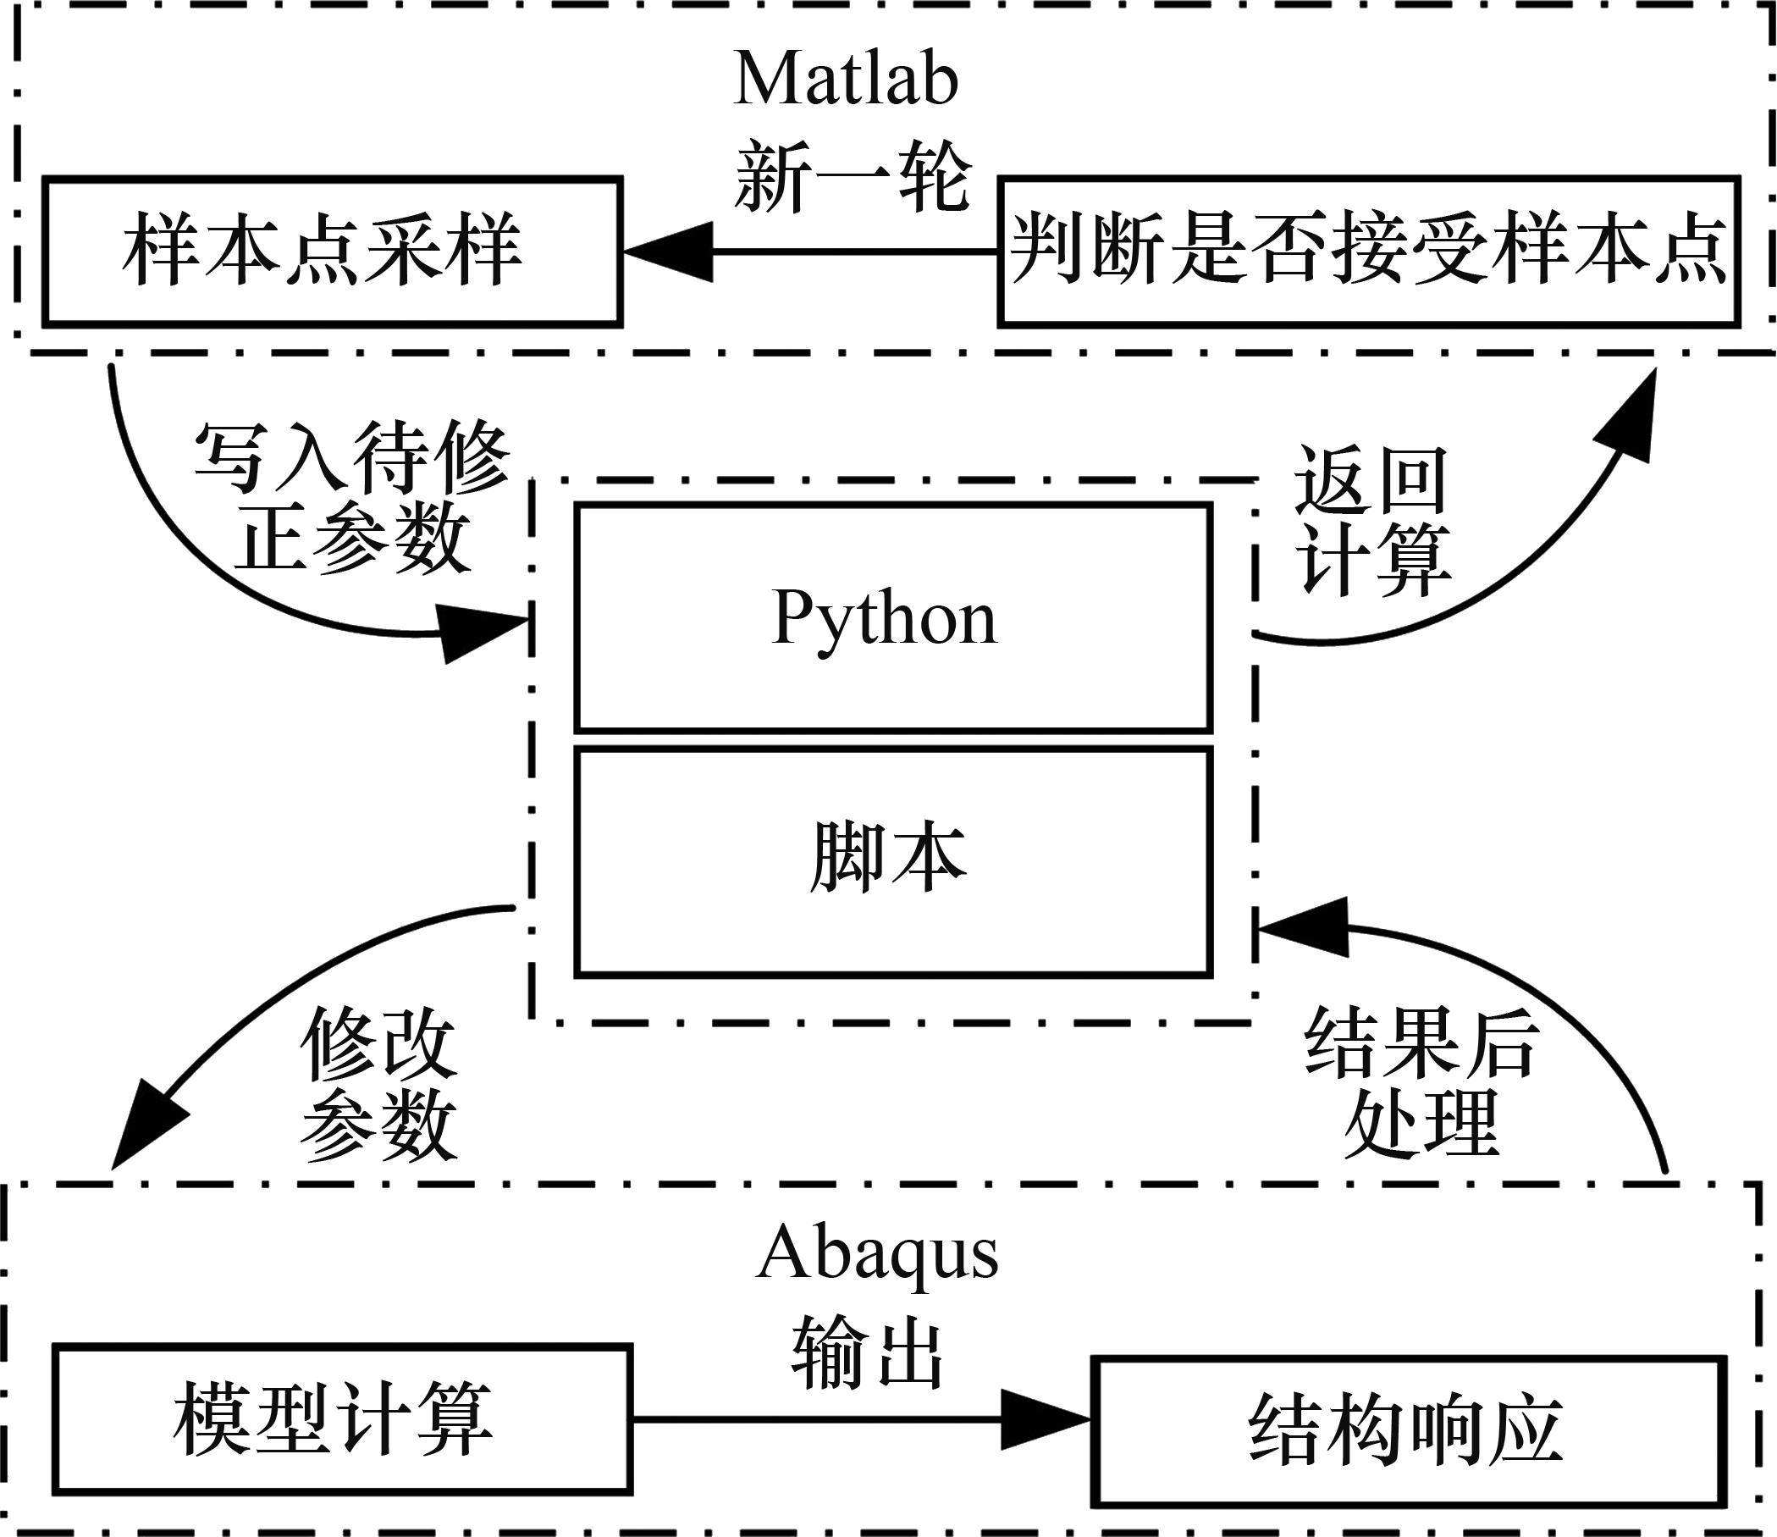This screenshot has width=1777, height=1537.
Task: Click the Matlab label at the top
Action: (x=846, y=80)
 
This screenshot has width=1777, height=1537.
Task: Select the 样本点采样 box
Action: (x=333, y=252)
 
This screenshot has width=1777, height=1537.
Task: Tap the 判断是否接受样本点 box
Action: (x=1369, y=252)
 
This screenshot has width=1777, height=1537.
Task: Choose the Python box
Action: (x=894, y=616)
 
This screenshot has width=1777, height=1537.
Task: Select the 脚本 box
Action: (x=894, y=861)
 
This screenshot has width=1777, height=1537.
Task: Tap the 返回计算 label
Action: (x=1372, y=521)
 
